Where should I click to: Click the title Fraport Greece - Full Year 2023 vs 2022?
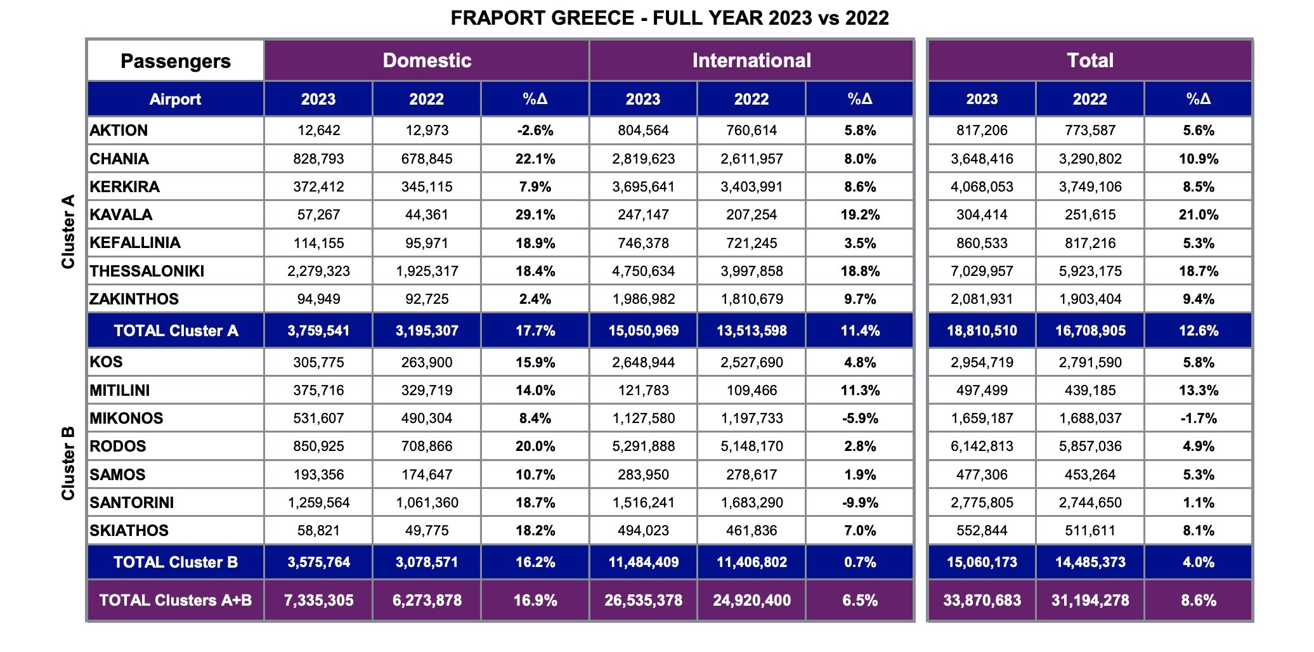click(x=669, y=18)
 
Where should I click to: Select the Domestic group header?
click(x=427, y=61)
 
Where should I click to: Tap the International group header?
click(x=751, y=61)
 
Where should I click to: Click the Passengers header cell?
click(x=176, y=62)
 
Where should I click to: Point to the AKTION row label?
click(x=119, y=131)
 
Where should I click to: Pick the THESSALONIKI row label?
click(x=147, y=271)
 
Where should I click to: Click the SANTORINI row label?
click(x=132, y=503)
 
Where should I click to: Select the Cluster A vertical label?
click(x=68, y=231)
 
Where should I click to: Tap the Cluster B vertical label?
click(x=68, y=464)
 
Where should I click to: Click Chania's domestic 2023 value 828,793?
click(x=318, y=159)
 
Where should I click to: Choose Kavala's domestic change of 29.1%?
click(x=535, y=215)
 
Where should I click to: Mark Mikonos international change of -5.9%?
click(x=860, y=419)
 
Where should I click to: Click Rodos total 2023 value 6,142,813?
click(x=982, y=447)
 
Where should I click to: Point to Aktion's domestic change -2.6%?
click(x=535, y=131)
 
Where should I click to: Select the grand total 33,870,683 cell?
click(x=982, y=600)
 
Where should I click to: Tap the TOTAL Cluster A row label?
click(x=176, y=331)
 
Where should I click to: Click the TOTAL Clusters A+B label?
click(x=176, y=600)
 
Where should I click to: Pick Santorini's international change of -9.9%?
click(x=860, y=503)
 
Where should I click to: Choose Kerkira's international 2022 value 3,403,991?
click(x=751, y=187)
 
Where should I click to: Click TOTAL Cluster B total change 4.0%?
click(x=1199, y=563)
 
